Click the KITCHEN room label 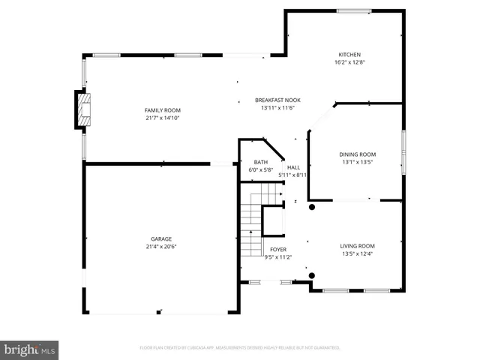point(349,55)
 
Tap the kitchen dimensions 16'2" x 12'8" point(349,62)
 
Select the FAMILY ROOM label point(163,110)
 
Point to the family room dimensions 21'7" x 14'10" point(163,118)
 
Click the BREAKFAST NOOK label point(277,100)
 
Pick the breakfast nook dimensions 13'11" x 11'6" point(277,107)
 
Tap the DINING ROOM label point(358,154)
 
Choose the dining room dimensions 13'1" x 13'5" point(358,162)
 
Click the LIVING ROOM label point(358,246)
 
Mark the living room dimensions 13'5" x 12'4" point(358,253)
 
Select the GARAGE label point(161,239)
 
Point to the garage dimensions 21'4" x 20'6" point(161,247)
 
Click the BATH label point(260,162)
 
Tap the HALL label point(293,168)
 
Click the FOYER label point(277,249)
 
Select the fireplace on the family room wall point(81,109)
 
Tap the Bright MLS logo point(30,349)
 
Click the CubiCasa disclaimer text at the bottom point(240,348)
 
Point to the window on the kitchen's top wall point(352,10)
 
